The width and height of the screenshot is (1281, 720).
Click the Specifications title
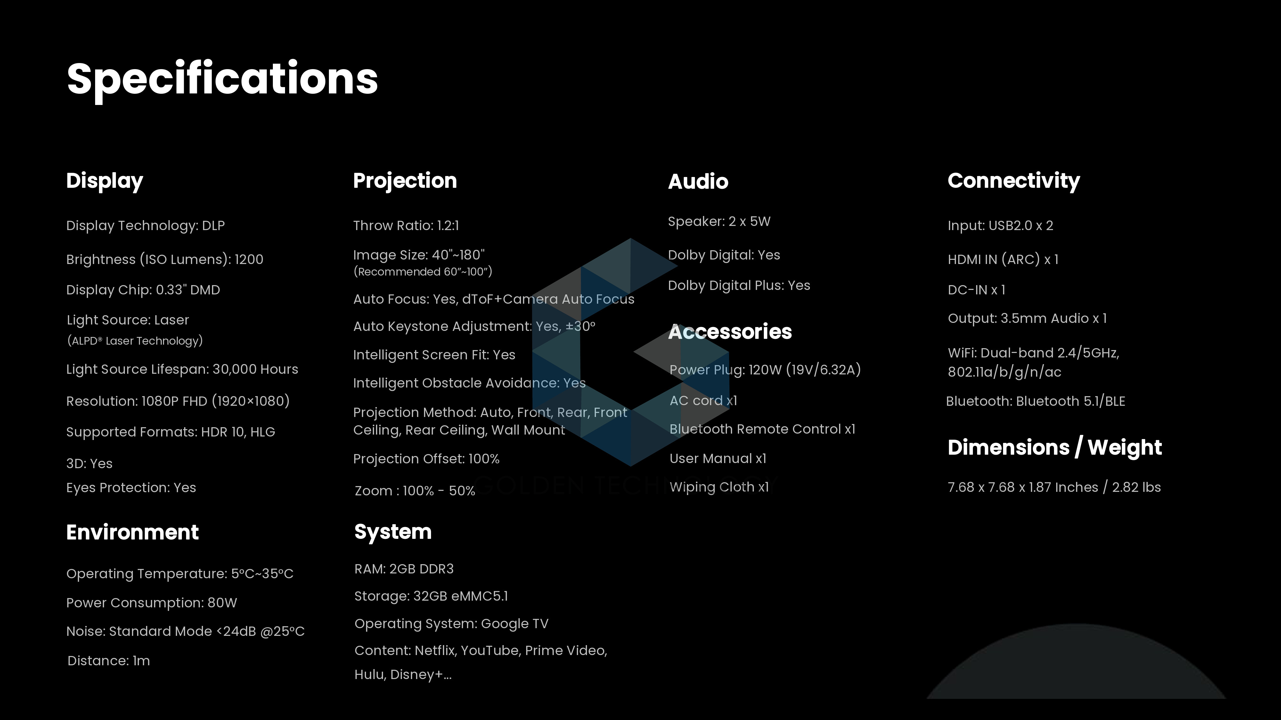pos(222,79)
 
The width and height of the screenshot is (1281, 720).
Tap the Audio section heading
pos(698,181)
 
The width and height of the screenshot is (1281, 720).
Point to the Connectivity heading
pos(1014,181)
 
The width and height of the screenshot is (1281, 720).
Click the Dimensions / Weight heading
pos(1055,448)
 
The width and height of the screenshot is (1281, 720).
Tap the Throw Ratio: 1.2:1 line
pos(406,226)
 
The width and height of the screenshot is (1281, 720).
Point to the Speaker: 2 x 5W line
pos(719,222)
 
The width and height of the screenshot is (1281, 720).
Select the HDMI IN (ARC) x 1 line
pos(1003,260)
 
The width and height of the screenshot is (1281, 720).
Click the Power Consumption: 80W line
pos(152,603)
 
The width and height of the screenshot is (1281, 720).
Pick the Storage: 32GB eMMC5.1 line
pos(431,596)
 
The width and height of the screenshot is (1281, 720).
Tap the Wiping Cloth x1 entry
pos(719,487)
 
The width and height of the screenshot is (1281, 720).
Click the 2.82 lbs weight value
pos(1136,487)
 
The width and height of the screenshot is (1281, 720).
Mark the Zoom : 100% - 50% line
pos(415,491)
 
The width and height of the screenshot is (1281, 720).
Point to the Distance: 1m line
pos(109,661)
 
